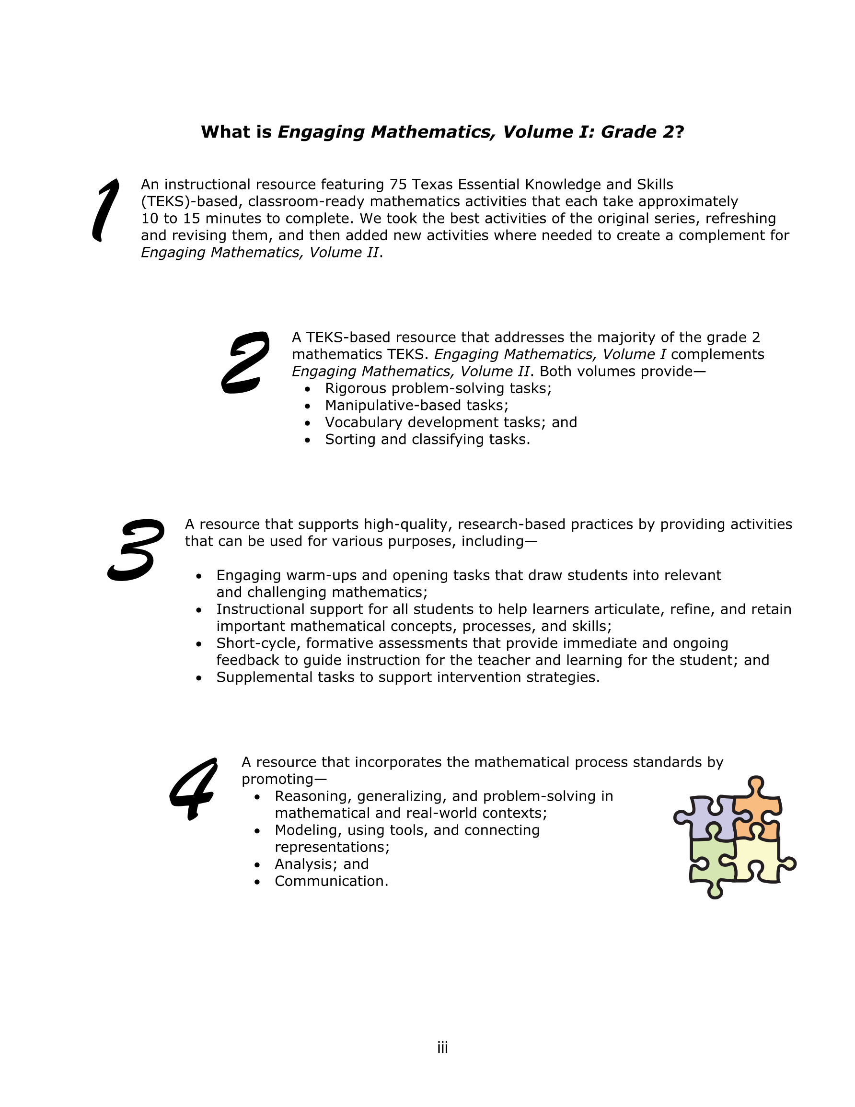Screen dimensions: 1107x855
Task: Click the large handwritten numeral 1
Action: tap(105, 210)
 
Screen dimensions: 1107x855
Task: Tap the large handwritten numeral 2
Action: tap(245, 363)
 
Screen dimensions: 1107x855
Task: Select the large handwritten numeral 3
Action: tap(136, 549)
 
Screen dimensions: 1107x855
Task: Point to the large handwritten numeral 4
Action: tap(195, 788)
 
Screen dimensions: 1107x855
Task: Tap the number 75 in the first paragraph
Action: tap(398, 185)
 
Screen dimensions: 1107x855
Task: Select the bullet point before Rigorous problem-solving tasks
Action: tap(307, 389)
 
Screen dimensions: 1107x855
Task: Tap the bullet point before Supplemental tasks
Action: tap(199, 678)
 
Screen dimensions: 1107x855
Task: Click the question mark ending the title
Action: tap(680, 132)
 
